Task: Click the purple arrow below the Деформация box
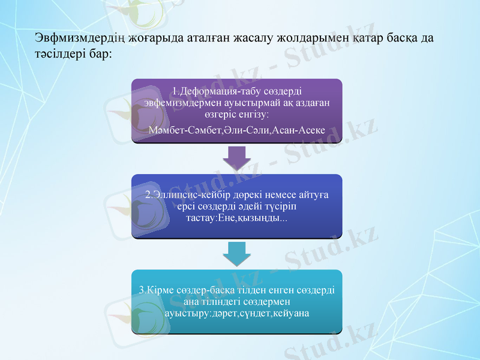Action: (x=236, y=158)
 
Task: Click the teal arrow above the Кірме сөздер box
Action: (x=236, y=253)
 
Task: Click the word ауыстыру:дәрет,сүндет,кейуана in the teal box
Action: (x=236, y=313)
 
